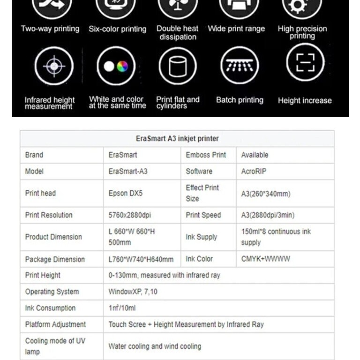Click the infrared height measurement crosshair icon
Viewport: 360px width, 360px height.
(54, 66)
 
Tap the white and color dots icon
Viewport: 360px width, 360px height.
(116, 66)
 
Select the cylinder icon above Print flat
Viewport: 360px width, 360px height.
(177, 66)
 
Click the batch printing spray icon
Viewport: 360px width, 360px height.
(240, 66)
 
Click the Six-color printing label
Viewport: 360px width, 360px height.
(117, 29)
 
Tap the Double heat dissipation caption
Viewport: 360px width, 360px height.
(177, 33)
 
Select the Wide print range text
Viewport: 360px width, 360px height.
(236, 29)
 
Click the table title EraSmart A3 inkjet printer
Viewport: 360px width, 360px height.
(177, 138)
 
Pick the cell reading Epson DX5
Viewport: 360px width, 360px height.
(125, 193)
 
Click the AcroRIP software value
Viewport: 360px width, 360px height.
(254, 172)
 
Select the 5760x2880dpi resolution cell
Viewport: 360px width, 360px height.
(130, 215)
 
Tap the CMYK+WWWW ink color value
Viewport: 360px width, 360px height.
(265, 259)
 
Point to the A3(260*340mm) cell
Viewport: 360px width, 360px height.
(266, 194)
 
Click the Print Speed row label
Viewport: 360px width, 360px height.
(203, 215)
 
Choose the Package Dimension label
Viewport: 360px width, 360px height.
(55, 259)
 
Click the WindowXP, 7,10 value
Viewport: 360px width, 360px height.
(133, 292)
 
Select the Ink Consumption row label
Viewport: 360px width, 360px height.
(50, 308)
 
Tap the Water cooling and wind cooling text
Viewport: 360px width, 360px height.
(155, 346)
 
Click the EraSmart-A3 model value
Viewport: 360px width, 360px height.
(128, 172)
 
